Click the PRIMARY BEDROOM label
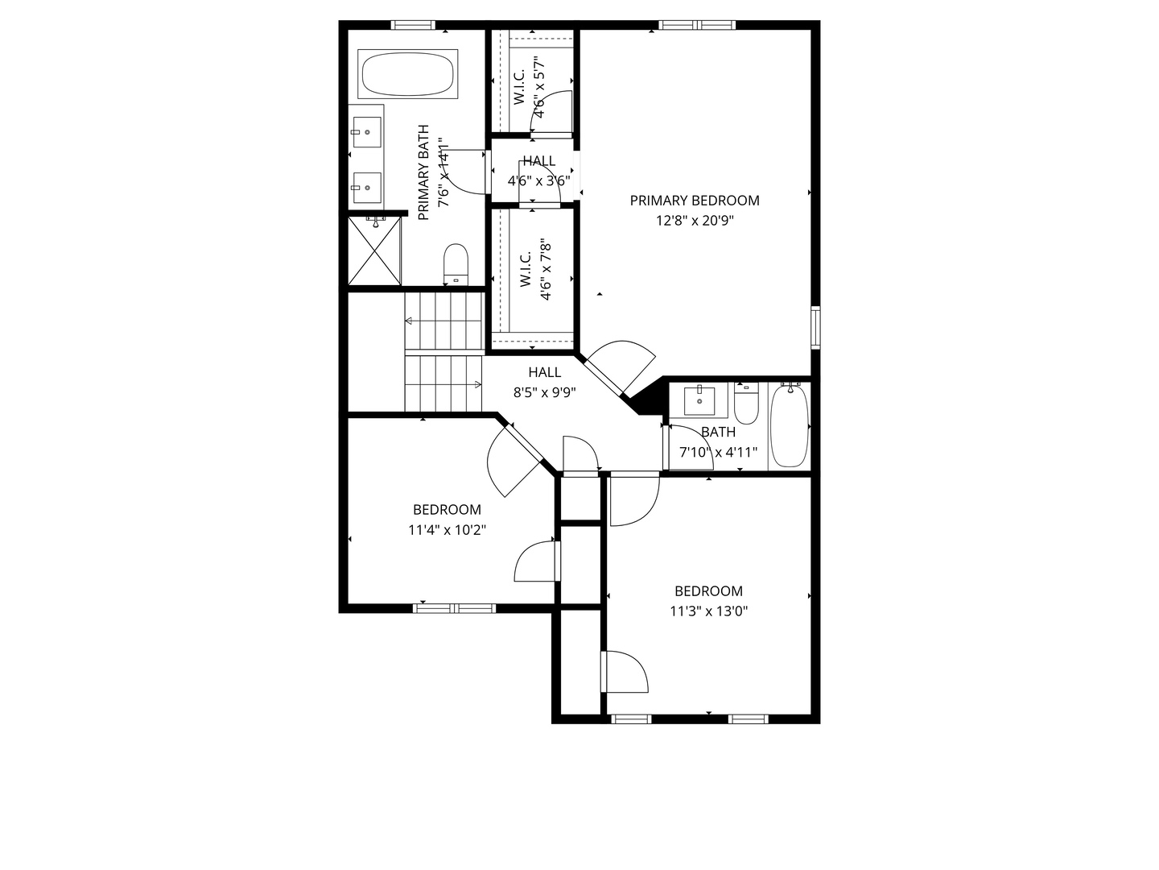pyautogui.click(x=694, y=201)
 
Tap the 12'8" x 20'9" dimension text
pyautogui.click(x=695, y=221)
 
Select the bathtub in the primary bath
pyautogui.click(x=408, y=75)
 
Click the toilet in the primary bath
pyautogui.click(x=456, y=263)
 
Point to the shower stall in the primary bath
pyautogui.click(x=374, y=250)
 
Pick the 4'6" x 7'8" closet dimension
pyautogui.click(x=547, y=269)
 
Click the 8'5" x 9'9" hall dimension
pyautogui.click(x=545, y=392)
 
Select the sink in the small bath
pyautogui.click(x=699, y=400)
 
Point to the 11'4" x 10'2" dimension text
pyautogui.click(x=447, y=530)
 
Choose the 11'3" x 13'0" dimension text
pyautogui.click(x=709, y=611)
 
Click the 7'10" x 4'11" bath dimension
pyautogui.click(x=718, y=453)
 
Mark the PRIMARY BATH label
pyautogui.click(x=423, y=172)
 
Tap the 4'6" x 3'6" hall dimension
pyautogui.click(x=538, y=181)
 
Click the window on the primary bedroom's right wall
pyautogui.click(x=815, y=327)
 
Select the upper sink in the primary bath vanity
pyautogui.click(x=367, y=128)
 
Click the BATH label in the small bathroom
pyautogui.click(x=718, y=433)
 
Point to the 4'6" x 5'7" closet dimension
pyautogui.click(x=540, y=87)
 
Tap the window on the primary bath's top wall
pyautogui.click(x=413, y=25)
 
